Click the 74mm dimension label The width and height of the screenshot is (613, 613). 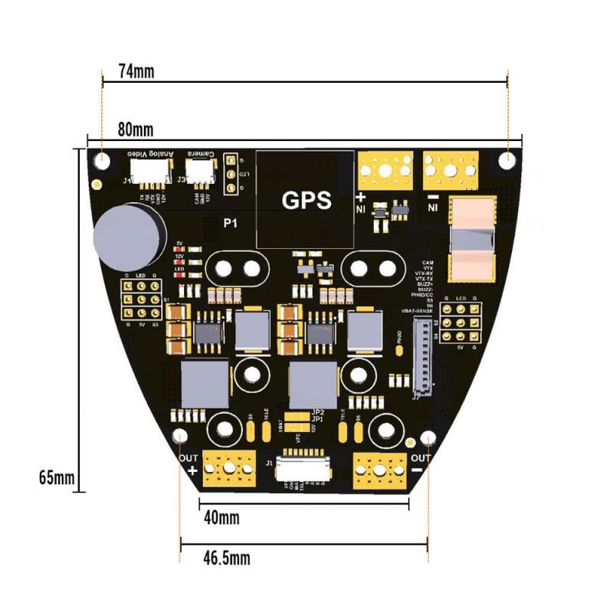pos(136,71)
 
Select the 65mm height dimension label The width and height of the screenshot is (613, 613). pos(56,478)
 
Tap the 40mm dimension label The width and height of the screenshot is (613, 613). pos(221,518)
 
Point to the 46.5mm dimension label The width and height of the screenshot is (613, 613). pos(226,557)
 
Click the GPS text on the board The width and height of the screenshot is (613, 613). pos(306,201)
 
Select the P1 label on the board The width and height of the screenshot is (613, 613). pos(230,224)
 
